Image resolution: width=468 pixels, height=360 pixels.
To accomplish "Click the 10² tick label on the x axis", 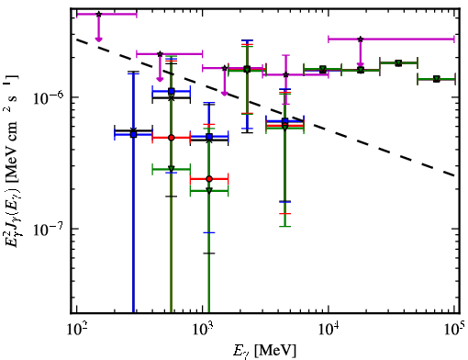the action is (76, 329).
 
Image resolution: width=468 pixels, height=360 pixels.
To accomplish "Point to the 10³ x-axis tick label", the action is (202, 329).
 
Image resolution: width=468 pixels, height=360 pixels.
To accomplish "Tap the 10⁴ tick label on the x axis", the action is (329, 329).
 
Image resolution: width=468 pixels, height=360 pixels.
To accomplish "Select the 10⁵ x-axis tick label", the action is (454, 329).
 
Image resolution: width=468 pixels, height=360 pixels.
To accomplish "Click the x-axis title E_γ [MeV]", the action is (264, 351).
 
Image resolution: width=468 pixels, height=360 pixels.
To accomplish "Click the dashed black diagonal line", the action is (265, 107).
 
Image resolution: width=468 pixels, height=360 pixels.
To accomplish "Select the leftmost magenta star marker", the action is (98, 14).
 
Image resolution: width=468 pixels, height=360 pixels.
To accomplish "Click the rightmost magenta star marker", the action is (361, 39).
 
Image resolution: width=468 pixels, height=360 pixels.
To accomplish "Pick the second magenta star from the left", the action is (160, 54).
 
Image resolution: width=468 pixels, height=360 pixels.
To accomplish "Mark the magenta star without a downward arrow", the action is (285, 74).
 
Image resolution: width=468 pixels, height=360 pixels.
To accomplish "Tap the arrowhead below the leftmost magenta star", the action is (98, 39).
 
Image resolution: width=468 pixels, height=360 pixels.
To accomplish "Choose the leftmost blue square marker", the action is (133, 134).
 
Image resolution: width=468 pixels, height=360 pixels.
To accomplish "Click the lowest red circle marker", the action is (209, 179).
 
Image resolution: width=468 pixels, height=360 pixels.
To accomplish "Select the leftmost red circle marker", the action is (172, 138).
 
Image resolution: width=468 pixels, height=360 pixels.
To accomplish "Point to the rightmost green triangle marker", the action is (437, 79).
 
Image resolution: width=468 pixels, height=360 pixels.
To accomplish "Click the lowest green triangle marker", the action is (209, 191).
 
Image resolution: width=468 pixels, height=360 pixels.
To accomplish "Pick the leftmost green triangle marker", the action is (172, 169).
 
